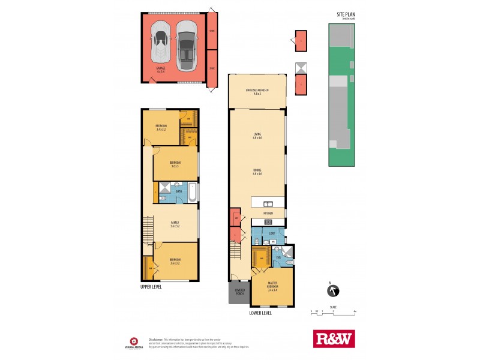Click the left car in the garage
[160, 43]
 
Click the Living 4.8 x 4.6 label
[257, 137]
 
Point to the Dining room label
[257, 172]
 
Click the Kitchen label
[268, 213]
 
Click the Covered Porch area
[239, 293]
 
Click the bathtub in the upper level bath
[191, 192]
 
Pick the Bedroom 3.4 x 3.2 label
[161, 127]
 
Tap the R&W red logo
[334, 340]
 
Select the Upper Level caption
[151, 287]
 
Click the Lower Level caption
[260, 313]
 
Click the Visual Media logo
[133, 340]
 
